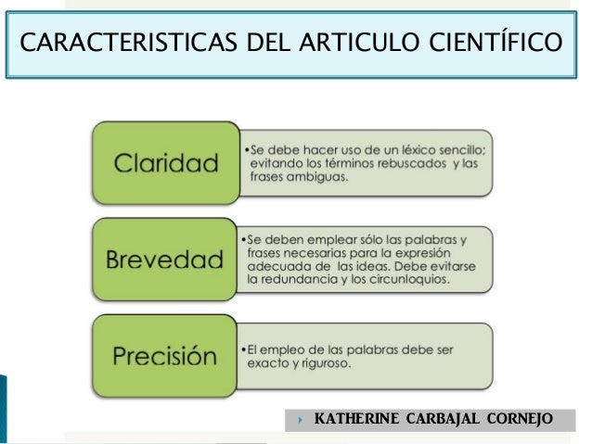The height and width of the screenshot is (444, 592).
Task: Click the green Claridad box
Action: pyautogui.click(x=166, y=165)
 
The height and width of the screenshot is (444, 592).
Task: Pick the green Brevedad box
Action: pyautogui.click(x=166, y=257)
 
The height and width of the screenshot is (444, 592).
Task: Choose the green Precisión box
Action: pyautogui.click(x=166, y=355)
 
